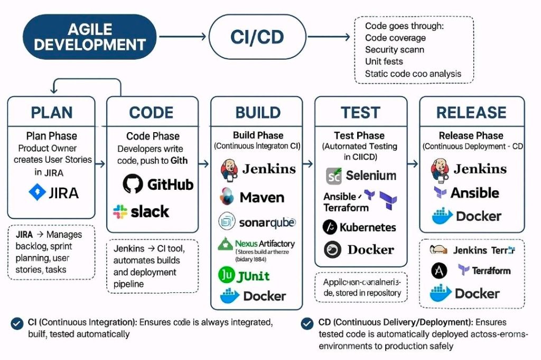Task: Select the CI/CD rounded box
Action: click(257, 36)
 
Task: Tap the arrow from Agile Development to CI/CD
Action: click(182, 36)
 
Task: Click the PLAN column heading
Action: click(51, 113)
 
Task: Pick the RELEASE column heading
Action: click(472, 113)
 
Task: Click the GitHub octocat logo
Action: click(133, 184)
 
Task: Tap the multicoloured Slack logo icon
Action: click(120, 212)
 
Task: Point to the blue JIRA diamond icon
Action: click(38, 192)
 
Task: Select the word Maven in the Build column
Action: click(262, 198)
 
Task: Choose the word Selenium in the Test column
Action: click(370, 176)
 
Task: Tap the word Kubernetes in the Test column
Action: click(368, 227)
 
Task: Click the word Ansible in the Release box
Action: click(474, 192)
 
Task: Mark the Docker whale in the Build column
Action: click(230, 296)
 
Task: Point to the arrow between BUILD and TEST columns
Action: click(309, 164)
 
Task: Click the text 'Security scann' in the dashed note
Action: click(395, 50)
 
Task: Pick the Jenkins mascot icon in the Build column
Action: click(229, 169)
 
